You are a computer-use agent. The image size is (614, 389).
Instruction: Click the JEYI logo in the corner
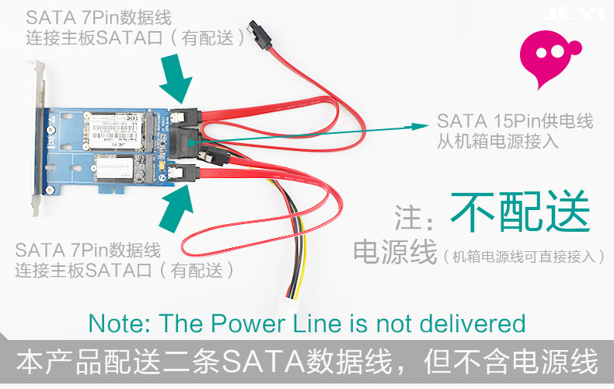click(572, 14)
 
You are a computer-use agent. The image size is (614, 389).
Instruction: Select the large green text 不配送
click(520, 211)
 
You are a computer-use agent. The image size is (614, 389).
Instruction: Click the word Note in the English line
click(113, 324)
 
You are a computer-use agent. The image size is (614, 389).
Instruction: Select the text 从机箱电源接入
click(497, 142)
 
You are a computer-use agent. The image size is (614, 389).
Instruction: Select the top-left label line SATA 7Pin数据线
click(99, 17)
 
